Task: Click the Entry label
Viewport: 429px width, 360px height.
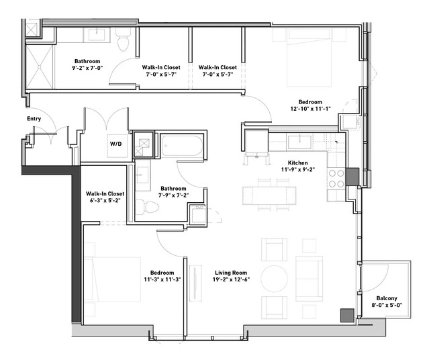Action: (x=34, y=118)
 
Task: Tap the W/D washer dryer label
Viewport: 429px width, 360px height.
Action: (x=115, y=144)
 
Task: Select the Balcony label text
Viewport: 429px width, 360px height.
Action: (x=387, y=298)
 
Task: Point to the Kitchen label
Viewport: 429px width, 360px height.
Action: (x=297, y=163)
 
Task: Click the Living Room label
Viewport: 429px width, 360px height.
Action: (x=231, y=273)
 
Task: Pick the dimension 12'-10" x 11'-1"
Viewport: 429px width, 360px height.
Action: (x=311, y=109)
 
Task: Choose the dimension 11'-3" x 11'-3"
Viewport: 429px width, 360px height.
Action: (x=162, y=279)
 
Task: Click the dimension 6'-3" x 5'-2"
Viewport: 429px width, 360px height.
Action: (x=105, y=200)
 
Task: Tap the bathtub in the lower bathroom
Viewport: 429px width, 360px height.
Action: (x=182, y=146)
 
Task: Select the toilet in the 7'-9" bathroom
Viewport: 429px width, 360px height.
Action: (x=147, y=208)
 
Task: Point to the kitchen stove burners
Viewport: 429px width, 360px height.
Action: (x=336, y=179)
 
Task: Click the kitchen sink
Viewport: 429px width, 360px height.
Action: (x=300, y=142)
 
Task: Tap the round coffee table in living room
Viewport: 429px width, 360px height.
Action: (x=275, y=279)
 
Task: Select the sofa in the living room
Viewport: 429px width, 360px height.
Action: (x=309, y=279)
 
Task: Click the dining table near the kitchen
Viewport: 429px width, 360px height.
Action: (x=269, y=195)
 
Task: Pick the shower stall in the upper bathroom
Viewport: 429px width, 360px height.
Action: (x=39, y=66)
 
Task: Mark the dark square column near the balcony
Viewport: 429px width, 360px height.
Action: (x=347, y=316)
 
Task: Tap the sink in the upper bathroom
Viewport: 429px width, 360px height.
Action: (x=97, y=35)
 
